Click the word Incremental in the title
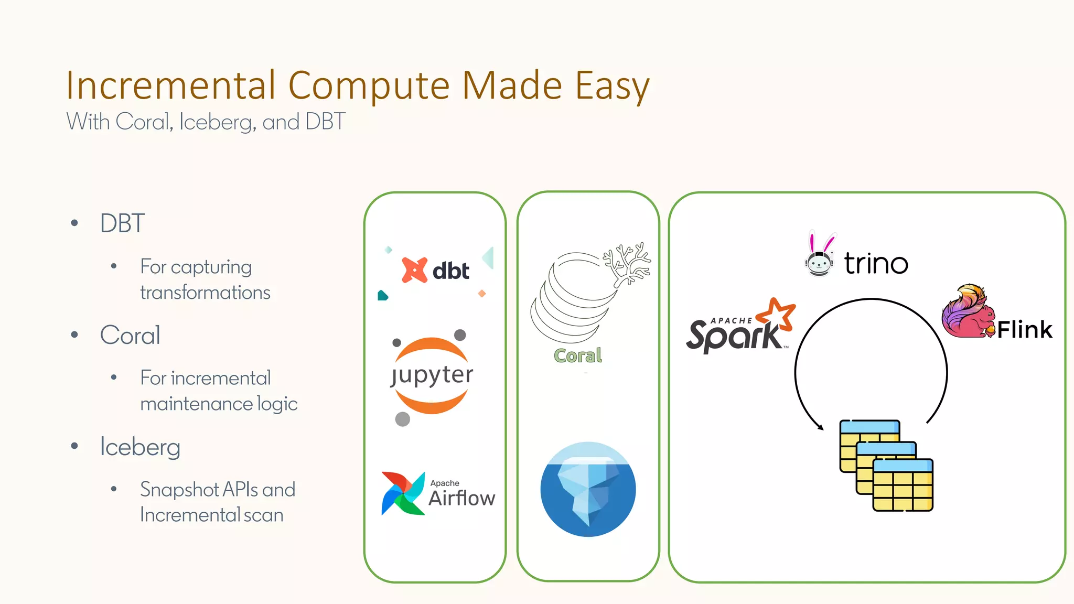click(x=170, y=85)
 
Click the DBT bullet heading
click(x=122, y=223)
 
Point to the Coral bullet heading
click(x=130, y=335)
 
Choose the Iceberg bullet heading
click(x=140, y=447)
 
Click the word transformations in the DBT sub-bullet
click(x=205, y=293)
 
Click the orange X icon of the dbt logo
click(x=414, y=270)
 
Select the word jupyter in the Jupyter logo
click(x=432, y=375)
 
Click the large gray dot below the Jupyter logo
click(x=402, y=419)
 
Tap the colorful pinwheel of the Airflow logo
click(x=403, y=493)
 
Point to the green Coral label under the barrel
click(x=577, y=355)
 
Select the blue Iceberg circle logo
click(x=588, y=489)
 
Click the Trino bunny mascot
click(x=820, y=255)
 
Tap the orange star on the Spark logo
click(x=777, y=314)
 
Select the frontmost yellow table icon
click(x=903, y=485)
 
